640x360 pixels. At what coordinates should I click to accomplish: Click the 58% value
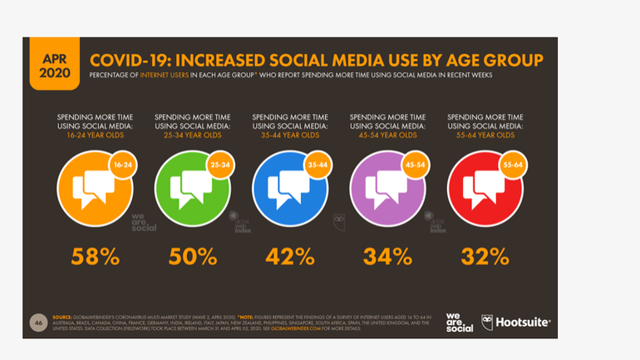[93, 256]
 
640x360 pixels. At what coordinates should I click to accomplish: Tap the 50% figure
[192, 256]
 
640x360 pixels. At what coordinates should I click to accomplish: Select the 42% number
[289, 256]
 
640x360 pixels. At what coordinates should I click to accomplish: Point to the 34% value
[387, 256]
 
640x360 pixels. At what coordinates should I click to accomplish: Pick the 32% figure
[485, 256]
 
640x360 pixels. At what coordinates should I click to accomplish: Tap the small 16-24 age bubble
[123, 165]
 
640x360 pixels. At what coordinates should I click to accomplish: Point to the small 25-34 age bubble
[221, 165]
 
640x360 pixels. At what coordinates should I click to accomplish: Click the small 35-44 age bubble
[318, 165]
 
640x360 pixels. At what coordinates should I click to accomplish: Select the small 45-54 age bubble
[416, 165]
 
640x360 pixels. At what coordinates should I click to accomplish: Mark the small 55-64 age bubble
[514, 165]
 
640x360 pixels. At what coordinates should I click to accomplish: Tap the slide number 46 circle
[38, 322]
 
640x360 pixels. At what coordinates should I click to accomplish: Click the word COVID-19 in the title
[132, 61]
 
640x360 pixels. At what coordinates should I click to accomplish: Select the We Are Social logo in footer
[459, 323]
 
